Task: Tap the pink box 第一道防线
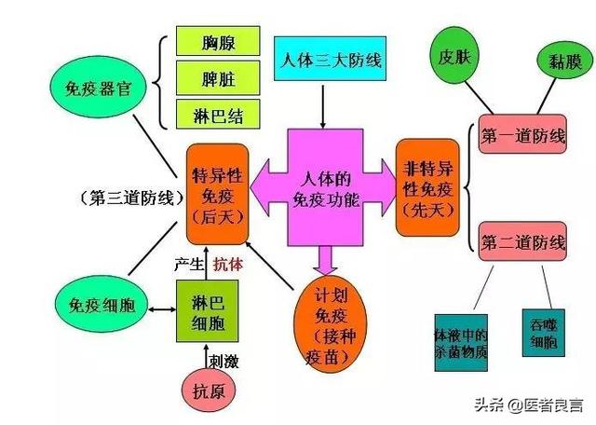point(522,136)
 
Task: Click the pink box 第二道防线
point(522,244)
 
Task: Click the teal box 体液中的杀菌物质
point(463,339)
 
